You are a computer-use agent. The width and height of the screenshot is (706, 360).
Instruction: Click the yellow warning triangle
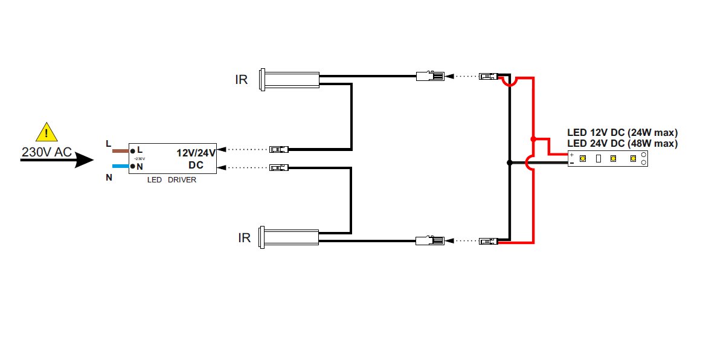tap(46, 132)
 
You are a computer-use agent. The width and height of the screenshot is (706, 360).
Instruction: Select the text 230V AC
tap(47, 152)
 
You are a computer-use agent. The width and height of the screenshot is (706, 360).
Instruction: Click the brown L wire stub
tap(121, 150)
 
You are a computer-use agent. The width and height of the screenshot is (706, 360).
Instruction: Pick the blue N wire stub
tap(121, 165)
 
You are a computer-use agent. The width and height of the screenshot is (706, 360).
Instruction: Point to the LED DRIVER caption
tap(172, 180)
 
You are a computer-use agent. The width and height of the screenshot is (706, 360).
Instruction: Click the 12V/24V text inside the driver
tap(196, 153)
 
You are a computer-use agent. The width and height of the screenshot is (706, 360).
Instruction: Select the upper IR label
tap(241, 80)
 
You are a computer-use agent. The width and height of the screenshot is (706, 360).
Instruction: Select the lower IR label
tap(244, 238)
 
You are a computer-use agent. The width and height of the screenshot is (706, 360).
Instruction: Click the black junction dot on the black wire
tap(510, 162)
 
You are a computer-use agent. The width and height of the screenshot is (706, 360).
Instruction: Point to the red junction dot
tap(533, 140)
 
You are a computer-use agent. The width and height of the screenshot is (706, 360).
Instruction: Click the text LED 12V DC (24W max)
tap(622, 132)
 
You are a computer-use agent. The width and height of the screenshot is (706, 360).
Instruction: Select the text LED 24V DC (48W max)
tap(622, 144)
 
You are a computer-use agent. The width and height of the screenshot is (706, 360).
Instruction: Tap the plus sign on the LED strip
tap(572, 155)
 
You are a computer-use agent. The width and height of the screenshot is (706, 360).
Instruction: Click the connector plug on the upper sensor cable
tap(430, 77)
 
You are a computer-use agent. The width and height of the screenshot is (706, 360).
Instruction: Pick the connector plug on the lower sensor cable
tap(430, 242)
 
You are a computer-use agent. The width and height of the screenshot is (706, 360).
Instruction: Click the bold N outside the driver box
tap(109, 178)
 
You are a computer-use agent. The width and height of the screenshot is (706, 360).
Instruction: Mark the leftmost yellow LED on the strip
tap(583, 159)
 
